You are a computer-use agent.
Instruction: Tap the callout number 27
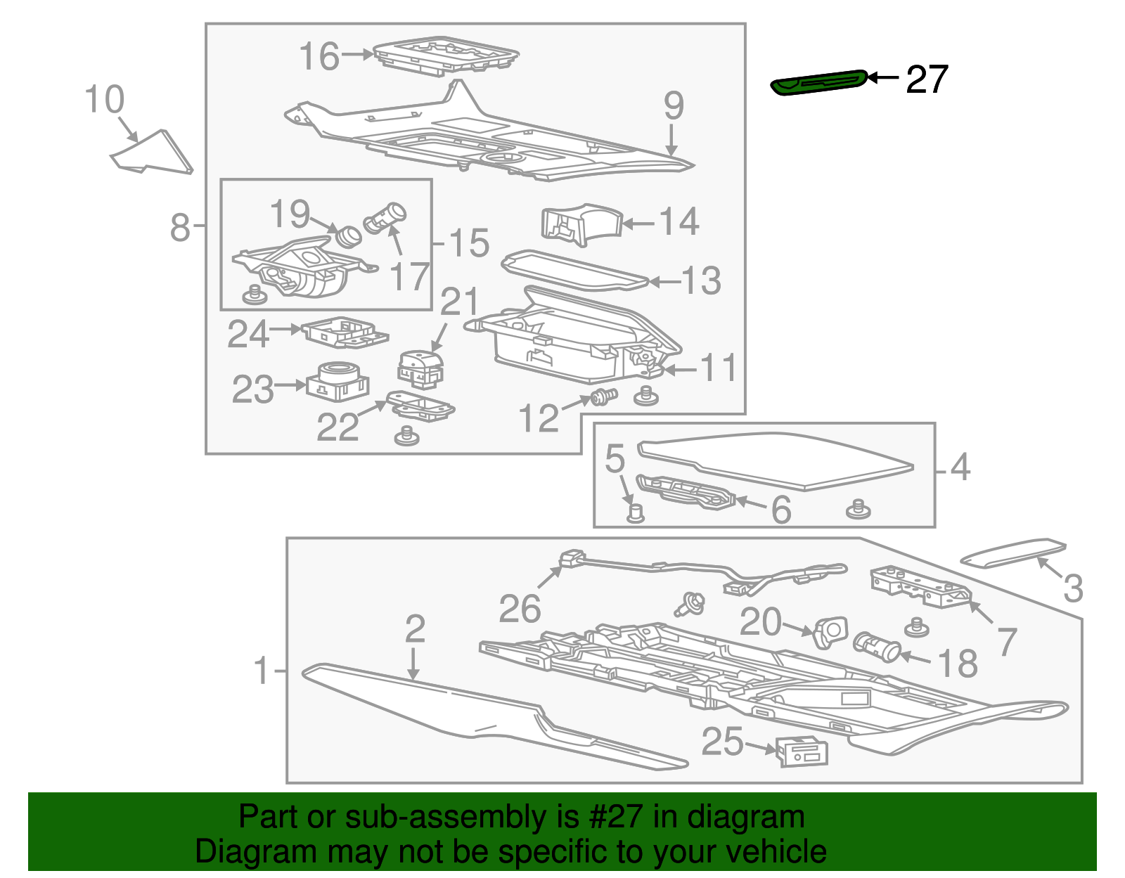coord(927,80)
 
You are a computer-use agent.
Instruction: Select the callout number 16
coord(319,57)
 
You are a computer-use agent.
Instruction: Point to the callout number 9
coord(673,106)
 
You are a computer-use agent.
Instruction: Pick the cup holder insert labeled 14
coord(581,224)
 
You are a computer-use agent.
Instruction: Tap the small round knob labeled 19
coord(347,235)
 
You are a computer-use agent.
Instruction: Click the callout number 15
coord(469,243)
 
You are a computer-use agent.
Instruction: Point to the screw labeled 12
coord(603,398)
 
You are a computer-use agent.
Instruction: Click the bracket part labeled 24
coord(345,332)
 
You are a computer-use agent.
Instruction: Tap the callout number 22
coord(337,427)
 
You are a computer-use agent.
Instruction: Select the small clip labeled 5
coord(635,512)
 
